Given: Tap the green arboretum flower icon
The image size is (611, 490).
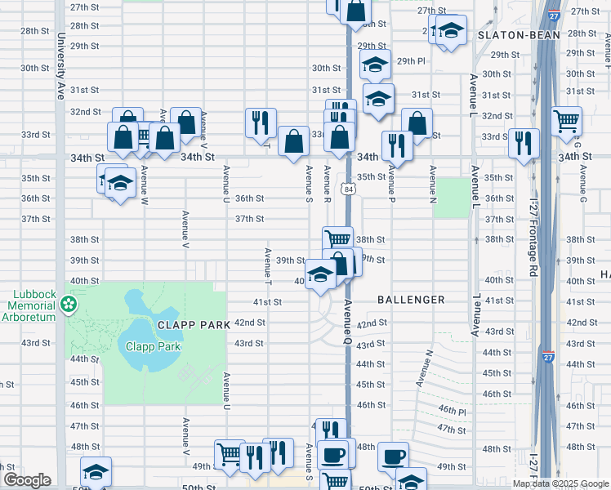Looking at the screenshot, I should (69, 304).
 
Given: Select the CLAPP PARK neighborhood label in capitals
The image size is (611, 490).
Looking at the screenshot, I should (194, 325).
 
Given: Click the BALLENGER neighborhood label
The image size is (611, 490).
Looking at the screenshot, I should (411, 301).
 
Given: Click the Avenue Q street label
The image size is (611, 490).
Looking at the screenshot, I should (346, 318).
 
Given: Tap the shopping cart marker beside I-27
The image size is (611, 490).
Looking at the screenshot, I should (567, 121).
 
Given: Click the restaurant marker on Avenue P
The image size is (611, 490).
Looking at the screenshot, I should (397, 145).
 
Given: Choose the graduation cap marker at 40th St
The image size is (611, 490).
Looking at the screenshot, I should (319, 273).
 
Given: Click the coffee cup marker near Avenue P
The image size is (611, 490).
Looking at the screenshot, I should (393, 456).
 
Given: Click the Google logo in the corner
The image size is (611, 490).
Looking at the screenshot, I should (27, 480).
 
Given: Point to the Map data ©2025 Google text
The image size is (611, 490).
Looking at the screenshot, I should (560, 483).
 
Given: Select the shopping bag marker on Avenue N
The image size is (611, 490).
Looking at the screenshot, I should (417, 122).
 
